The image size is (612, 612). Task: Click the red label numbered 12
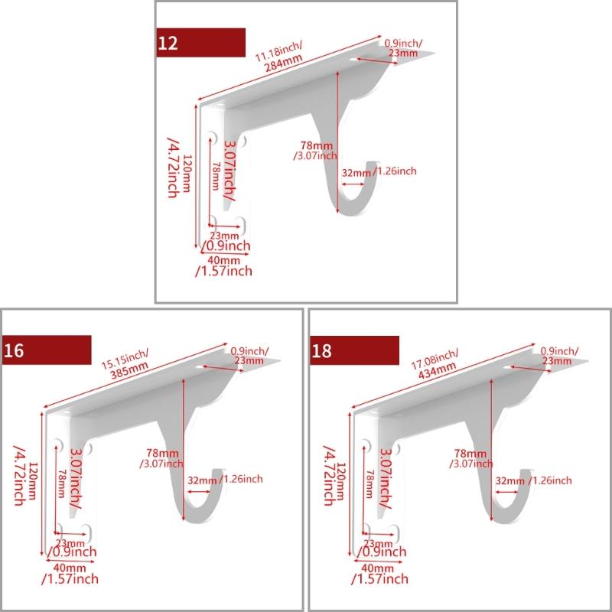(200, 41)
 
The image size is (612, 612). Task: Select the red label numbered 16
(46, 350)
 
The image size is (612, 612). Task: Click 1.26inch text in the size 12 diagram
(396, 171)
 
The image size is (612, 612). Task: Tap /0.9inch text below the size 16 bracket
(71, 552)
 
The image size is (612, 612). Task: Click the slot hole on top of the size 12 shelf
(356, 59)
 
